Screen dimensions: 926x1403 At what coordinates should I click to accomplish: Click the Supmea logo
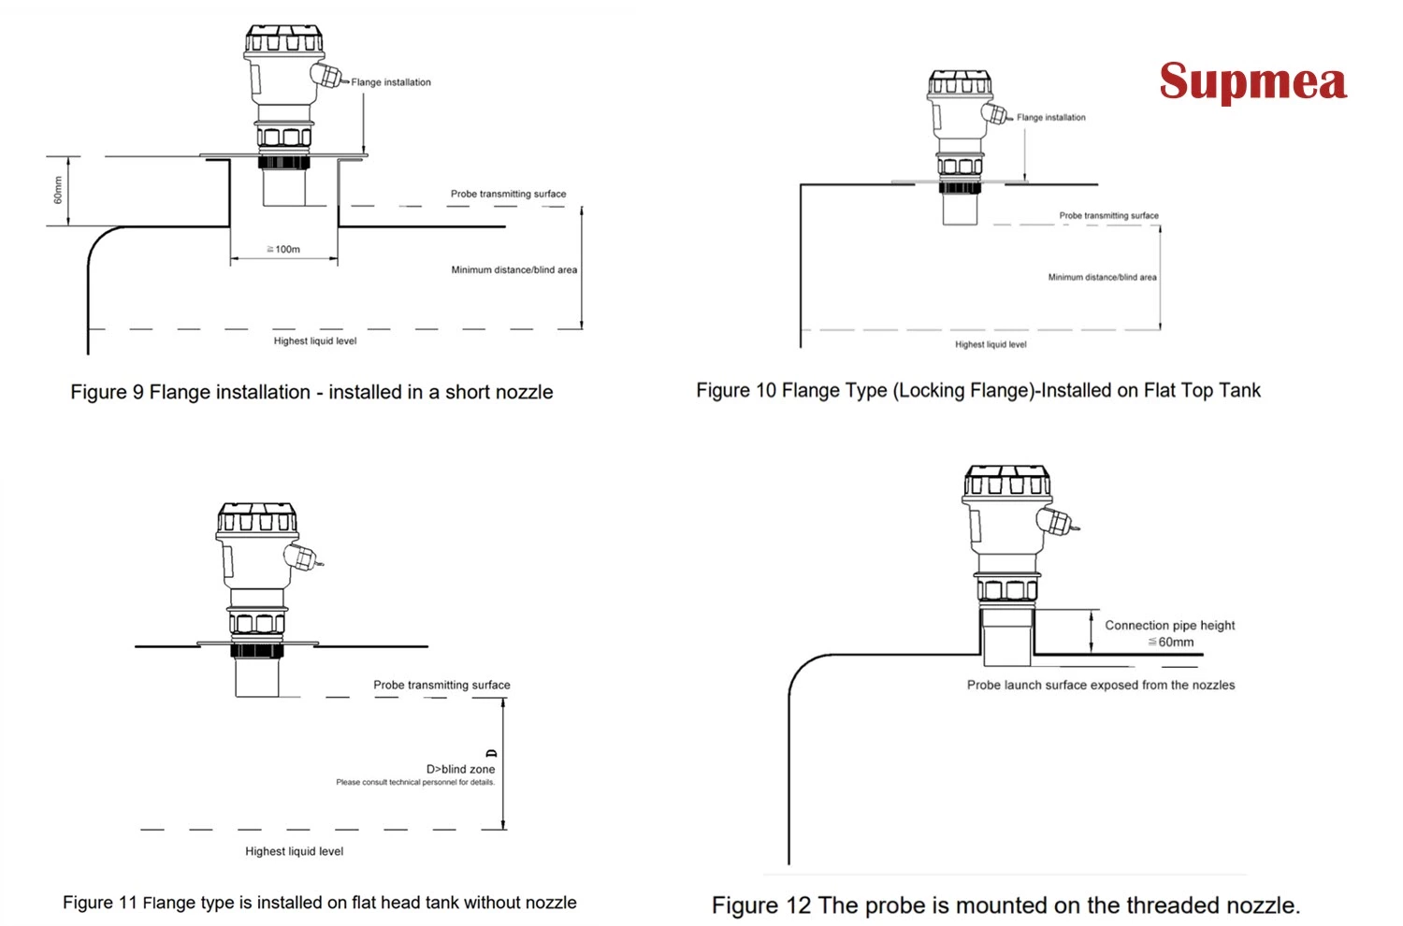point(1252,82)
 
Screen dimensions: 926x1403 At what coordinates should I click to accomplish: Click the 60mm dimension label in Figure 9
point(58,191)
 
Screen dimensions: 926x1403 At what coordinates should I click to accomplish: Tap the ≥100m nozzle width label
point(283,249)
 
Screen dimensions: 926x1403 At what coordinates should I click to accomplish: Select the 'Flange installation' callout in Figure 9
point(391,82)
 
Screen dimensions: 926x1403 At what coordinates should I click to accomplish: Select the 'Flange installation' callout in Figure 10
point(1050,118)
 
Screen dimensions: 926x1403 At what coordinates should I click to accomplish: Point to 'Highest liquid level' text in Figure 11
point(294,851)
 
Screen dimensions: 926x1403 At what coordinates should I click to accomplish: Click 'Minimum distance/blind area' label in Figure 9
point(513,269)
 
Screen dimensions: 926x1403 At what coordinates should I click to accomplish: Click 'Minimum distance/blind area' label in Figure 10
point(1102,277)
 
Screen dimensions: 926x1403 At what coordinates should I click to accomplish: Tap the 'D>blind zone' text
point(460,769)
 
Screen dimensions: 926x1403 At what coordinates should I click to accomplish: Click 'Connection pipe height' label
point(1169,625)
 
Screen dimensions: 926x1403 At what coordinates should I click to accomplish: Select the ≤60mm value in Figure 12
point(1171,642)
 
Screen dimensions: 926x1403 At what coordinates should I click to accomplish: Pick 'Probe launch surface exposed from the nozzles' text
point(1100,685)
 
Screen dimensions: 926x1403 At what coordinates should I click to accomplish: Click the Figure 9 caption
point(311,392)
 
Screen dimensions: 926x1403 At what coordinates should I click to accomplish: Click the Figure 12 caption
point(1005,904)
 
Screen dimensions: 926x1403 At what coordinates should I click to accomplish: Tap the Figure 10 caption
point(977,390)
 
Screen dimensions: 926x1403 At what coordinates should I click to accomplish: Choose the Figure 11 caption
point(319,903)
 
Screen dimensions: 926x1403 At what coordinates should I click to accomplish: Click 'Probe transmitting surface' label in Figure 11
point(441,685)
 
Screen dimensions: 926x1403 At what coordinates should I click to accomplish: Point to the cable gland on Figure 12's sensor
point(1055,520)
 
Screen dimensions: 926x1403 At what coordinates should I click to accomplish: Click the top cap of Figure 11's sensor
point(257,517)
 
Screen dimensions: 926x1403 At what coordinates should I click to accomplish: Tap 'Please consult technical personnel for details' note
point(415,782)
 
